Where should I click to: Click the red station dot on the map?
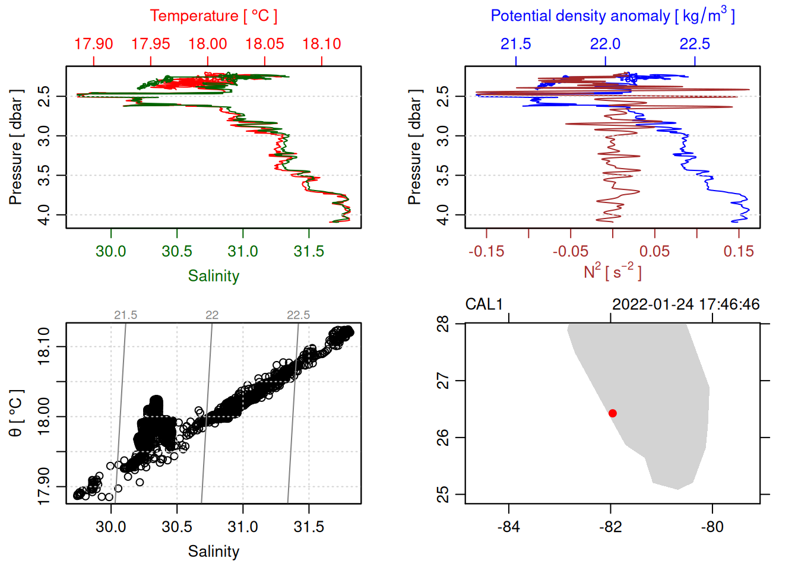click(612, 413)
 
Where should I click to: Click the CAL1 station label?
click(484, 305)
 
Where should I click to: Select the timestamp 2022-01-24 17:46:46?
click(686, 305)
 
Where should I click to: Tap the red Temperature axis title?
click(213, 16)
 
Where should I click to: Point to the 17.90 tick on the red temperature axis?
click(94, 45)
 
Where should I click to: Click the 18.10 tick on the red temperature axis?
click(322, 45)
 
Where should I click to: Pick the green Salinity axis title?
click(213, 276)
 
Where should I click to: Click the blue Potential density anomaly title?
click(612, 16)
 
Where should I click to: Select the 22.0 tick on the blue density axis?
click(605, 45)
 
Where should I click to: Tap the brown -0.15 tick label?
click(486, 251)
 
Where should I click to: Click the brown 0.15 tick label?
click(739, 251)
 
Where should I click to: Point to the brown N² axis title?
click(612, 271)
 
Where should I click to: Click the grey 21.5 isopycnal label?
click(125, 315)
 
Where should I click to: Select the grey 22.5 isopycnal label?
click(298, 315)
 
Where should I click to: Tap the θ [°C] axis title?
click(16, 413)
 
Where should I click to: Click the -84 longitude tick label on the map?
click(509, 527)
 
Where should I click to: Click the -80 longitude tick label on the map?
click(712, 527)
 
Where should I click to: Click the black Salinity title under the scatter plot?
click(213, 552)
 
